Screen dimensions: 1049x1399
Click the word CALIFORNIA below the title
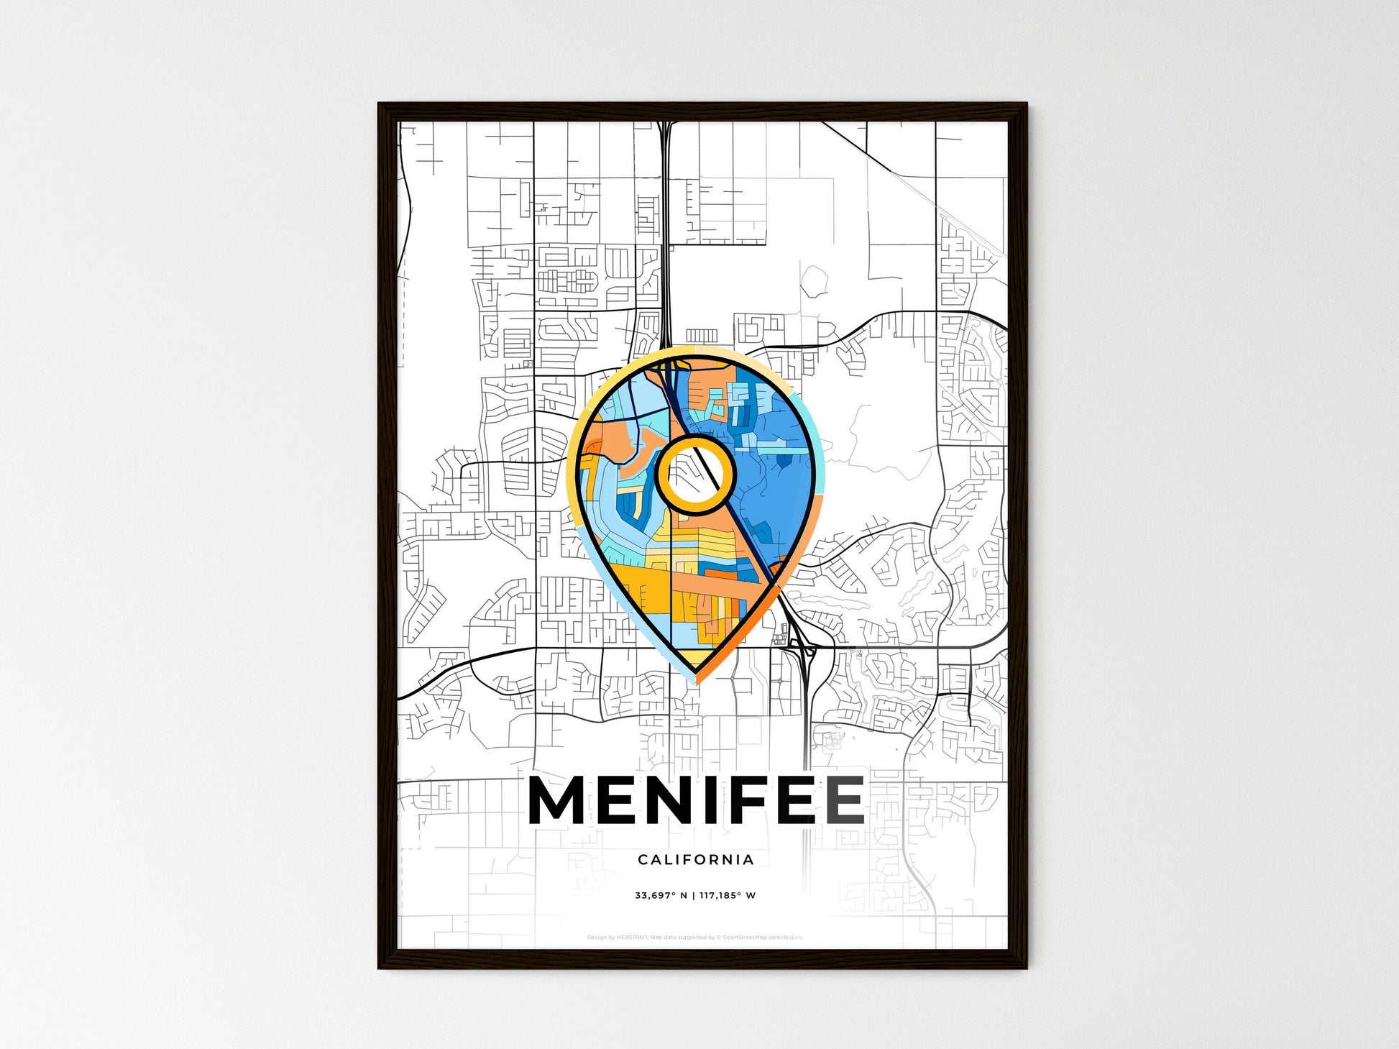coord(696,859)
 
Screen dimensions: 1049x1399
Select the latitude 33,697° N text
coord(661,895)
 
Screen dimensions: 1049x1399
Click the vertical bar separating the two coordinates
coord(694,895)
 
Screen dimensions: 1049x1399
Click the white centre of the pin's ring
coord(694,475)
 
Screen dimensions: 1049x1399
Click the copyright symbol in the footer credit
coord(719,938)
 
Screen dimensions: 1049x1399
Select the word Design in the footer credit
coord(596,938)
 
